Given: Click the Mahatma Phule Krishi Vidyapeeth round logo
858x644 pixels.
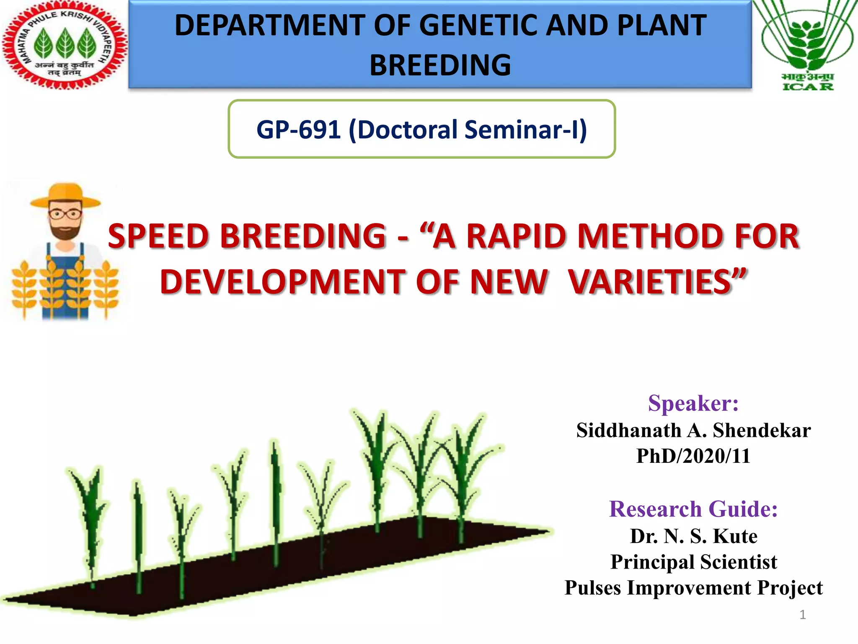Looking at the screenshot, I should point(64,45).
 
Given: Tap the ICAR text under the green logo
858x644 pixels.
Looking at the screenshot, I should point(808,87).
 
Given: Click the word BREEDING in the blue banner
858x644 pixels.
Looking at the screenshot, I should point(440,65).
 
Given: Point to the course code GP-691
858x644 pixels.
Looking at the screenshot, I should point(298,130).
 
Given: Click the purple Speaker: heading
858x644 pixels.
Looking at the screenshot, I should point(693,403).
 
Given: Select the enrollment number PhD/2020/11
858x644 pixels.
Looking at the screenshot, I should point(693,456).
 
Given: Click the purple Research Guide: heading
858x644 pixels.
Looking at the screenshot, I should point(693,509).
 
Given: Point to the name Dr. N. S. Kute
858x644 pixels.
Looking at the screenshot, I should point(693,536).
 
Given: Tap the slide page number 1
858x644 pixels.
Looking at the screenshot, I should point(802,615).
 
